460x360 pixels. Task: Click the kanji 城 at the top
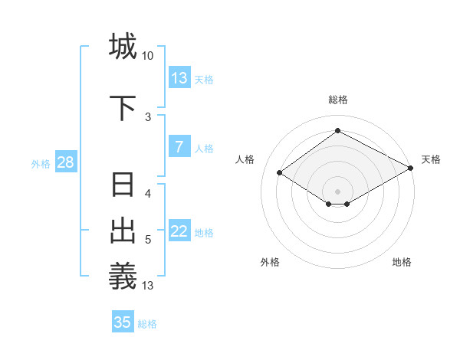pyautogui.click(x=123, y=46)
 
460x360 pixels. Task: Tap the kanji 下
pyautogui.click(x=123, y=106)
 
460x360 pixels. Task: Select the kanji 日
pyautogui.click(x=123, y=185)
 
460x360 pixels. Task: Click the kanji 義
pyautogui.click(x=123, y=276)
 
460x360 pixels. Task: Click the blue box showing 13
pyautogui.click(x=179, y=78)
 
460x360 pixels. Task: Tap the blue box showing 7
pyautogui.click(x=179, y=147)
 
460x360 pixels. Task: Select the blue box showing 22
pyautogui.click(x=179, y=232)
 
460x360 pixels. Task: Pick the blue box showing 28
pyautogui.click(x=65, y=163)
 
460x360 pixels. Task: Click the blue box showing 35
pyautogui.click(x=123, y=322)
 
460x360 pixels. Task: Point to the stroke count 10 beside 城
pyautogui.click(x=147, y=56)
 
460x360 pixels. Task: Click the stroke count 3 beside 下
pyautogui.click(x=148, y=116)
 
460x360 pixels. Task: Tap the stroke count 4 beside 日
pyautogui.click(x=148, y=194)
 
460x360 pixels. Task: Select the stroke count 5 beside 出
pyautogui.click(x=148, y=240)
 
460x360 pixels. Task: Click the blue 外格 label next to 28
pyautogui.click(x=41, y=164)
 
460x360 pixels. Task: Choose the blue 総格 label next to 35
pyautogui.click(x=147, y=324)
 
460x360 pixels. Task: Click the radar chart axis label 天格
pyautogui.click(x=431, y=159)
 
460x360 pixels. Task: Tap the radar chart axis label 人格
pyautogui.click(x=245, y=159)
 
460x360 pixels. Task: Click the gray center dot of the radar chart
pyautogui.click(x=337, y=191)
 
